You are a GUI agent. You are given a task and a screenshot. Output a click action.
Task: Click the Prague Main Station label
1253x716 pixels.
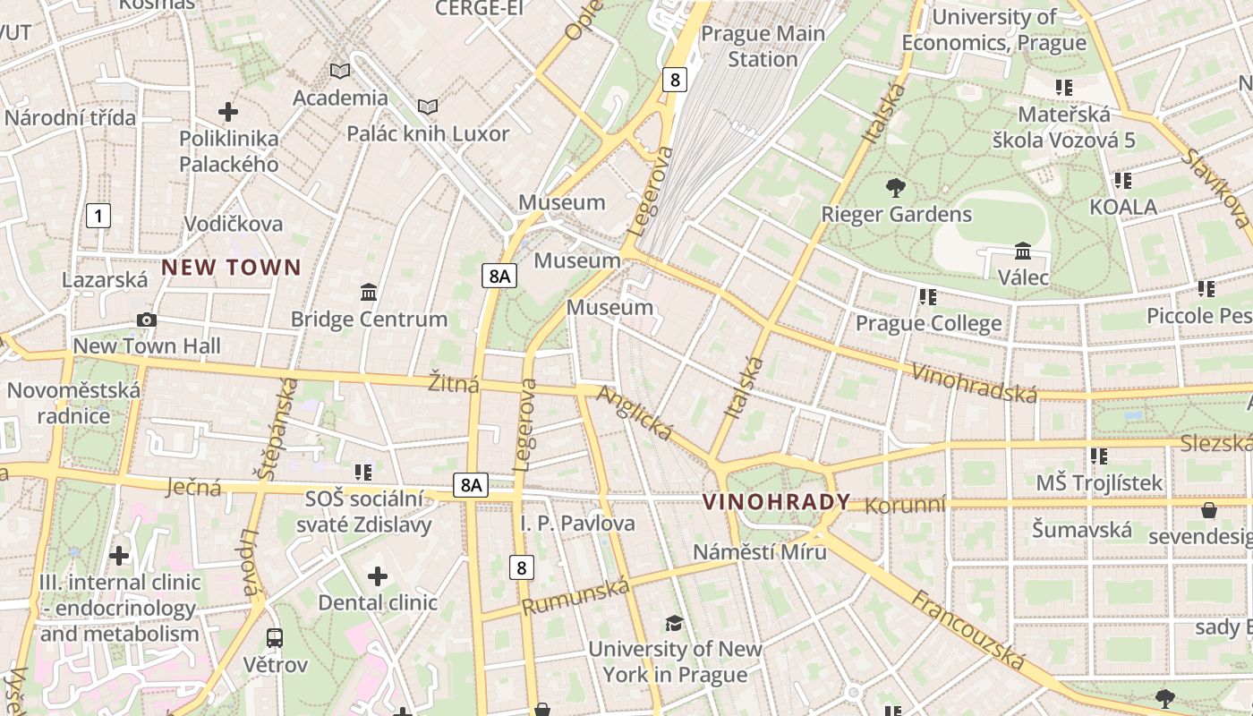(x=763, y=47)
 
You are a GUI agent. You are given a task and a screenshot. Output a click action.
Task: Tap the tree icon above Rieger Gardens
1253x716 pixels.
(x=894, y=188)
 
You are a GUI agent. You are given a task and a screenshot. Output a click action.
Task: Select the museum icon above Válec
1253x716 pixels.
(x=1023, y=251)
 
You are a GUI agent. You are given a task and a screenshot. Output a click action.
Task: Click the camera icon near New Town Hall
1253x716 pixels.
(x=147, y=320)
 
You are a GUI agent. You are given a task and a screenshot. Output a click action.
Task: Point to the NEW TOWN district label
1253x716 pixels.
(x=231, y=268)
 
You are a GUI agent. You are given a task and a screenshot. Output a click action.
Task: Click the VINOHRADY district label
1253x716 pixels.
(x=776, y=502)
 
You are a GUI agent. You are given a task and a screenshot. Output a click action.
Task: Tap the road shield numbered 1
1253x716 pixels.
(x=98, y=215)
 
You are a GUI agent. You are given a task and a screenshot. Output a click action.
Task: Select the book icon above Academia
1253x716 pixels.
(x=340, y=71)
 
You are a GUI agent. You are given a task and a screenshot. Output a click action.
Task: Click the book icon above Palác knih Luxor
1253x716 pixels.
(x=428, y=107)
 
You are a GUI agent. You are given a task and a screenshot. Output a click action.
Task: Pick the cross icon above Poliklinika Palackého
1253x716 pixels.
(x=228, y=112)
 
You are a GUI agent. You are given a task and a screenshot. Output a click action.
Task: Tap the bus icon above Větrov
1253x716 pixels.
(x=275, y=638)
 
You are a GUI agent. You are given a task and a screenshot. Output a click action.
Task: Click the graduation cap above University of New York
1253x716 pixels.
(x=674, y=622)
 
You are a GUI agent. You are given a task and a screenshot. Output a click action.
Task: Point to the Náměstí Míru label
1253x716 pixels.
(x=760, y=551)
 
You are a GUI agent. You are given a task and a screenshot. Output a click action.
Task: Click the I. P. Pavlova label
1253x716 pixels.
(x=578, y=523)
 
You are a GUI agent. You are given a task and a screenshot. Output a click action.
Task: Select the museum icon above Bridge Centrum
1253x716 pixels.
(x=368, y=292)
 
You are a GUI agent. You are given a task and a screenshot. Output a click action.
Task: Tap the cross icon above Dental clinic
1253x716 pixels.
(x=378, y=575)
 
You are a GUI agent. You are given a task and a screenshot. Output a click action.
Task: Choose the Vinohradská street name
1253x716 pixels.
(x=974, y=383)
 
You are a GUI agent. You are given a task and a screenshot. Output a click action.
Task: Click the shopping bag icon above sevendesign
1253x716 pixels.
(x=1209, y=510)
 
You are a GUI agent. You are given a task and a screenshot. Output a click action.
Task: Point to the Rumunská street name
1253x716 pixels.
(x=576, y=596)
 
